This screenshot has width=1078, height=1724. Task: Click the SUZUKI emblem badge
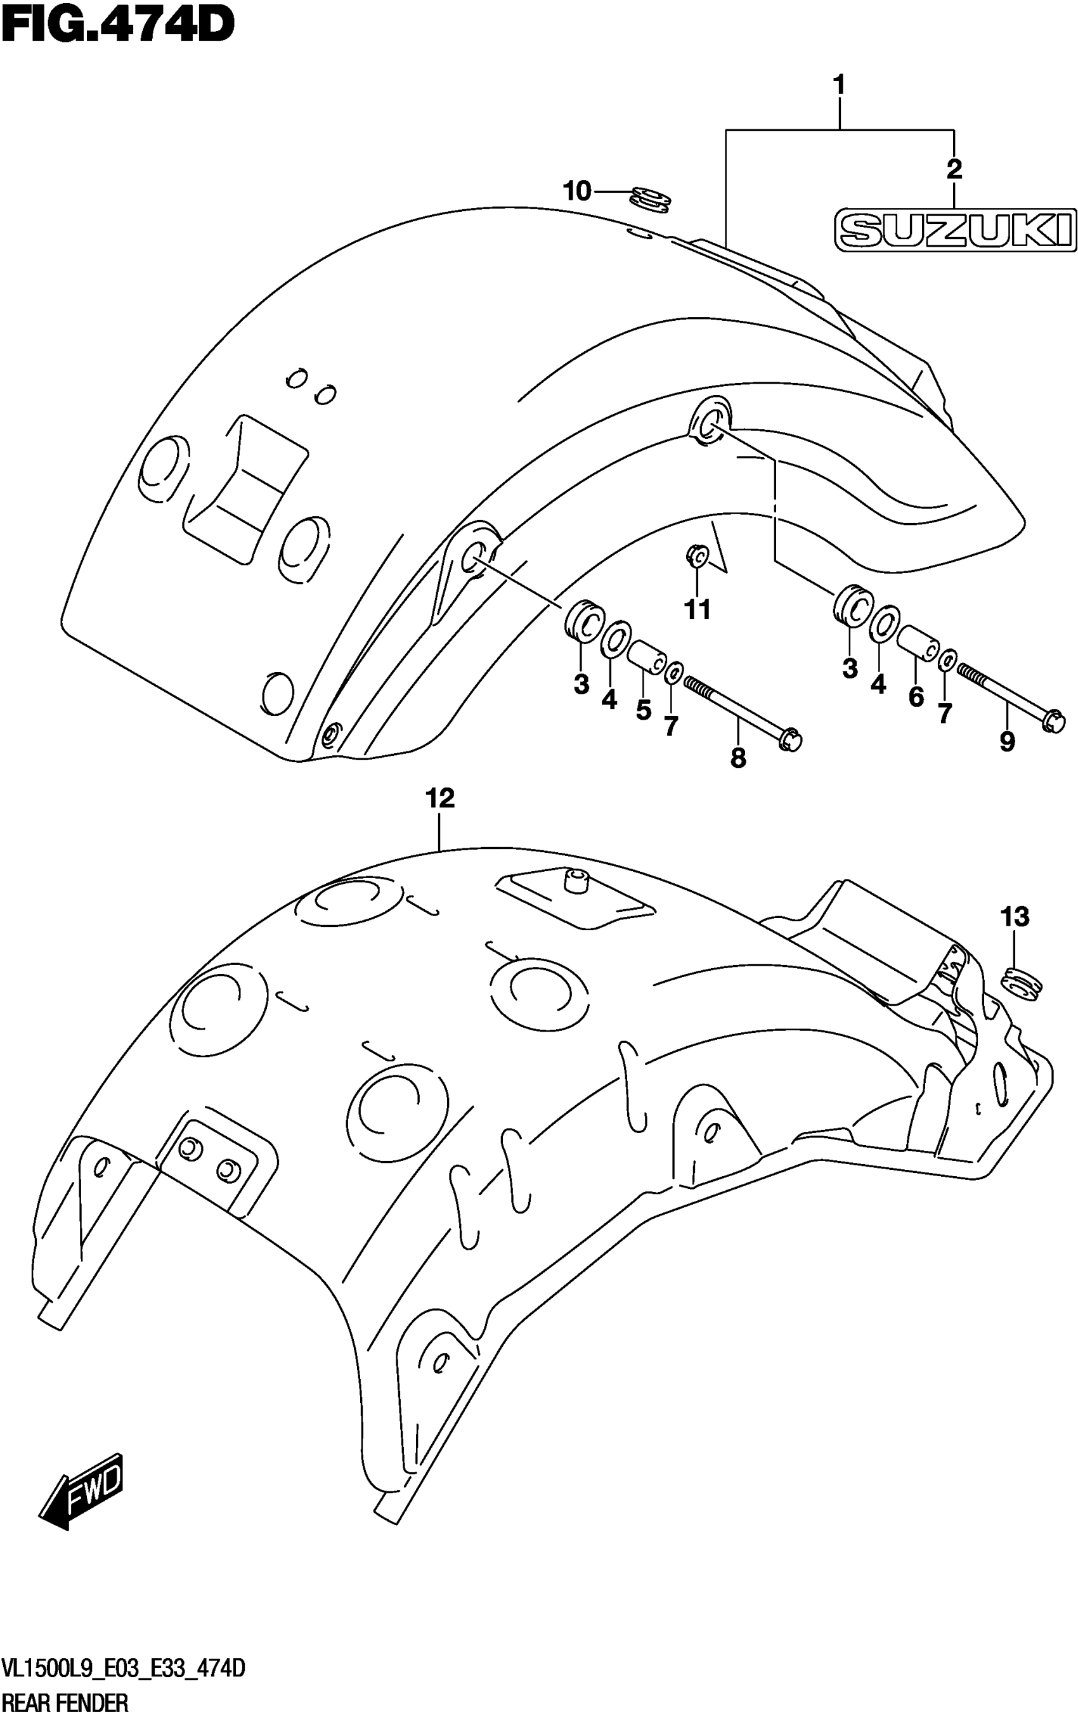(956, 230)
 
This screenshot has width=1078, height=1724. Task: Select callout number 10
(577, 191)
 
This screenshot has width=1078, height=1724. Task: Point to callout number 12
(440, 798)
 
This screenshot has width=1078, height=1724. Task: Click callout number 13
(1015, 916)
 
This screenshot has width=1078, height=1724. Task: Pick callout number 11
(698, 609)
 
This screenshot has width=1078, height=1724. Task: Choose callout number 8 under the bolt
(738, 758)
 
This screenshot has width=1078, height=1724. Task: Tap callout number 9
(1007, 742)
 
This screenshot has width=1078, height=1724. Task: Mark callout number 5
(643, 710)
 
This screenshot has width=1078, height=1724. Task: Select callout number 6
(916, 696)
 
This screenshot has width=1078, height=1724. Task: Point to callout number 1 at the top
(839, 85)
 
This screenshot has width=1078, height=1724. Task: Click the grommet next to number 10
(650, 200)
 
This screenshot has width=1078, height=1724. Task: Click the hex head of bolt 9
(1053, 720)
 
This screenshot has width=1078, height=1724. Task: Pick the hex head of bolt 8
(790, 740)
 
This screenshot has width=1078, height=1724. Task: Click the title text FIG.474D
(118, 25)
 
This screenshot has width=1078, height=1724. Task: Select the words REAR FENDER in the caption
(65, 1703)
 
